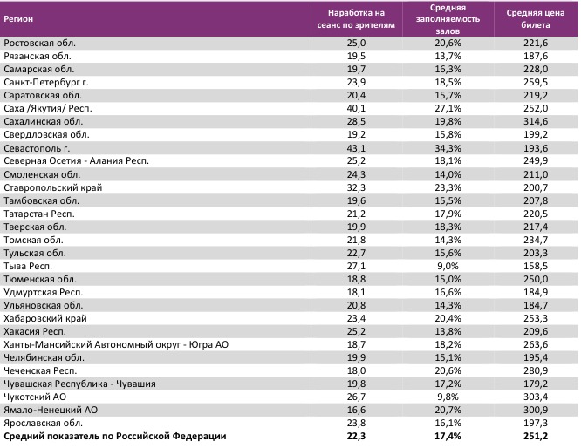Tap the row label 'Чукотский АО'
(x=35, y=396)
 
